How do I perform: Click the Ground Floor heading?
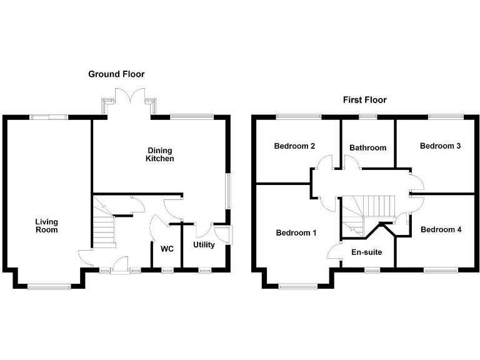click(x=116, y=74)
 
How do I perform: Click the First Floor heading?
click(x=365, y=100)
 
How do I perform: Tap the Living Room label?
click(x=46, y=226)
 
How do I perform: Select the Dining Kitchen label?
click(x=160, y=154)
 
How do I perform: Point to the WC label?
click(x=167, y=249)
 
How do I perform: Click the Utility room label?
click(x=204, y=245)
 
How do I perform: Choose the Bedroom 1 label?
click(x=296, y=233)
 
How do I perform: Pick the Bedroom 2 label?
click(x=294, y=146)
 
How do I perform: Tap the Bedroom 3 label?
click(x=440, y=146)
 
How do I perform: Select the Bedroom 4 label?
click(x=441, y=229)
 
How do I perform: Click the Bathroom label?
click(x=367, y=148)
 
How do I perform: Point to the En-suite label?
click(x=366, y=252)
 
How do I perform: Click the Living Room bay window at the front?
click(x=49, y=287)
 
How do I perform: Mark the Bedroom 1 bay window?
click(x=297, y=287)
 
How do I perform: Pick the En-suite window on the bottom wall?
click(x=372, y=269)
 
